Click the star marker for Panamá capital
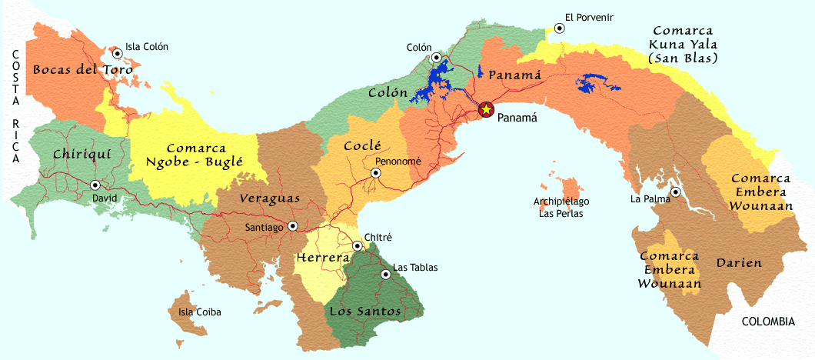486,109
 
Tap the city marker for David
95,185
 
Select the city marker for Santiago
292,226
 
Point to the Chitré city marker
358,246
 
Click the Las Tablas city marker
385,274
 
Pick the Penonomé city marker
376,173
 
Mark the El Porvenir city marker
559,28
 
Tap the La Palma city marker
674,192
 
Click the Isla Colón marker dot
117,53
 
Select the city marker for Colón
436,58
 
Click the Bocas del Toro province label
82,68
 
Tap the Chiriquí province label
82,154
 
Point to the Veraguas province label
269,198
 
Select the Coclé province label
362,145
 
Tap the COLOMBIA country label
768,322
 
